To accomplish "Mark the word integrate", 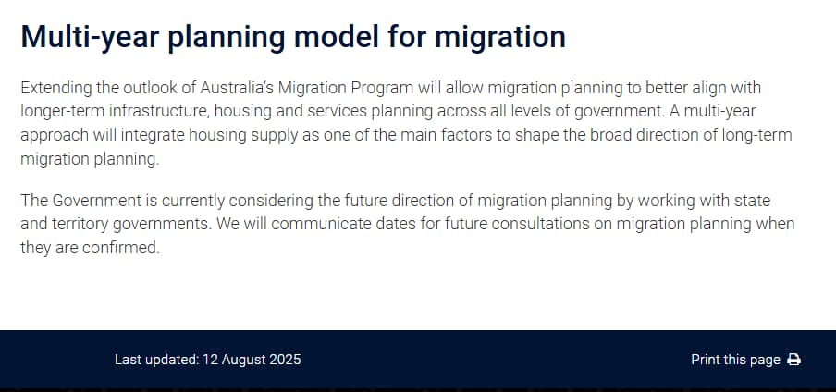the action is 153,136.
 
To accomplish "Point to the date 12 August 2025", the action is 252,360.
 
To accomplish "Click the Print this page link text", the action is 736,360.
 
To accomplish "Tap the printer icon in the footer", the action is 793,360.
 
